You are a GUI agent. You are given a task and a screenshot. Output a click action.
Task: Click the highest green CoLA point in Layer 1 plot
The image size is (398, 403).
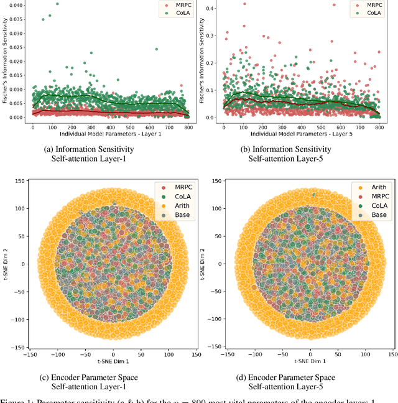(57, 4)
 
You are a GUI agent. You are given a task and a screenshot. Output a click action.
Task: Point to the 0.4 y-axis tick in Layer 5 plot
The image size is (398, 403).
(211, 8)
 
